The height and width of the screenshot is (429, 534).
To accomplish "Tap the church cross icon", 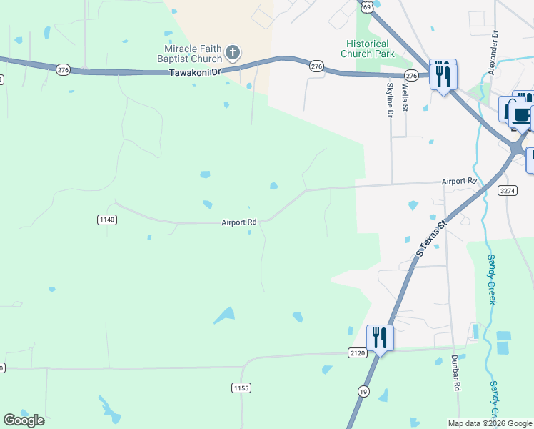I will tap(233, 52).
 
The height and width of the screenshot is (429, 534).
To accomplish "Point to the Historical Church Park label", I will tap(367, 49).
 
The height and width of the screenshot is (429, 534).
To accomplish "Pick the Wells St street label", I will tap(405, 97).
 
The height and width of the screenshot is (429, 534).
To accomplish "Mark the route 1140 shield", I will tap(106, 220).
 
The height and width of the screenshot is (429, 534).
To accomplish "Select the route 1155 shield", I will tap(241, 388).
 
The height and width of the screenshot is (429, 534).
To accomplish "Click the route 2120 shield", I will tap(358, 352).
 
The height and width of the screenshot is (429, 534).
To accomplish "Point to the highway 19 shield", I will tap(364, 391).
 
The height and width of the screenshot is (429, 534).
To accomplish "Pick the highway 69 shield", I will tap(367, 6).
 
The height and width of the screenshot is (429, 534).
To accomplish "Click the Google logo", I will tap(24, 420).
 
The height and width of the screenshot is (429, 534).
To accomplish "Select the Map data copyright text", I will tap(490, 423).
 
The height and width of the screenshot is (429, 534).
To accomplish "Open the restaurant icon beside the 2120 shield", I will tap(380, 337).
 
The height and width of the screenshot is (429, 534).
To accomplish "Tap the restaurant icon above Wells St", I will tap(443, 74).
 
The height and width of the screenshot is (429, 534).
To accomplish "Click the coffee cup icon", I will tap(520, 113).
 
